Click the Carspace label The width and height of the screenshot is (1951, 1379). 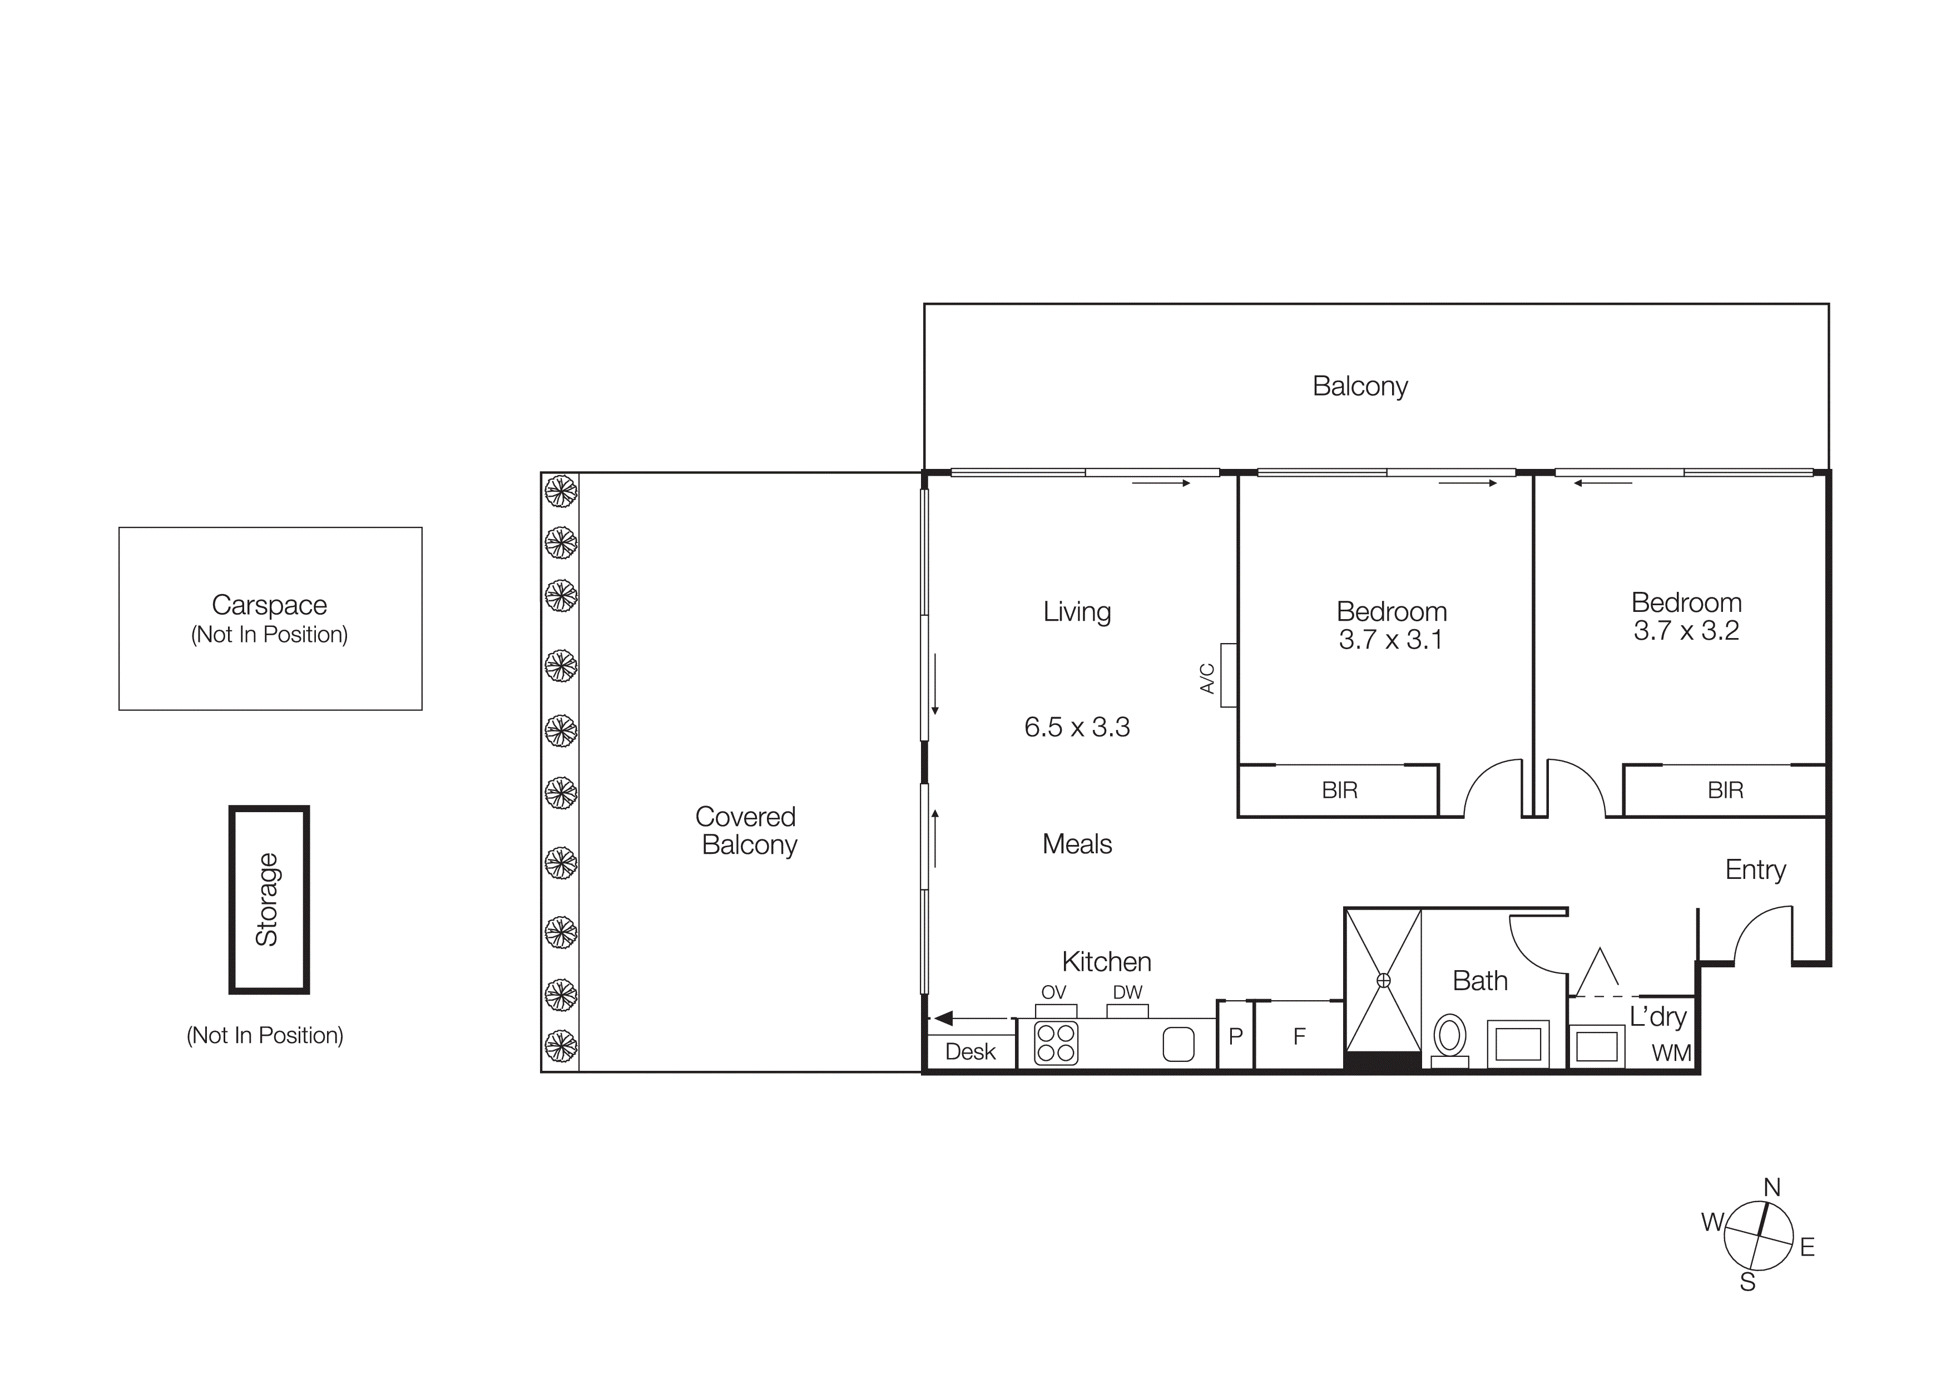(269, 605)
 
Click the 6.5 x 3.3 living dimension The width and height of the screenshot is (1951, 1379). (1077, 727)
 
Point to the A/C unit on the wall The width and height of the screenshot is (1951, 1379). (1228, 675)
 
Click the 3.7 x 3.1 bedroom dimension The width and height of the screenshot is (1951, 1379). (1390, 640)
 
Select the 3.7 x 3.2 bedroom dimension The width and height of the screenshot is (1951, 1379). (1686, 630)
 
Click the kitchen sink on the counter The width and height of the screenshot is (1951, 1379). (1178, 1044)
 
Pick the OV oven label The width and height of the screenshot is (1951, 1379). (1054, 992)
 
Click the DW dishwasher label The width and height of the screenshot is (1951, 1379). (1127, 992)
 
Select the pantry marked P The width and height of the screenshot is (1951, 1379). (1236, 1036)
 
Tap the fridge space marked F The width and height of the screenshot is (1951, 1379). (1299, 1036)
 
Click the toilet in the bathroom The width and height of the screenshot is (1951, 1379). (1450, 1036)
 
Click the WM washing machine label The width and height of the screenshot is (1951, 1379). (1671, 1052)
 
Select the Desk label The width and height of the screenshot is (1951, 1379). (969, 1052)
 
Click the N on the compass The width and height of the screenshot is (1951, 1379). (1772, 1187)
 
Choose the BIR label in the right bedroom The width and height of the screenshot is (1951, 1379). (1725, 790)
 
